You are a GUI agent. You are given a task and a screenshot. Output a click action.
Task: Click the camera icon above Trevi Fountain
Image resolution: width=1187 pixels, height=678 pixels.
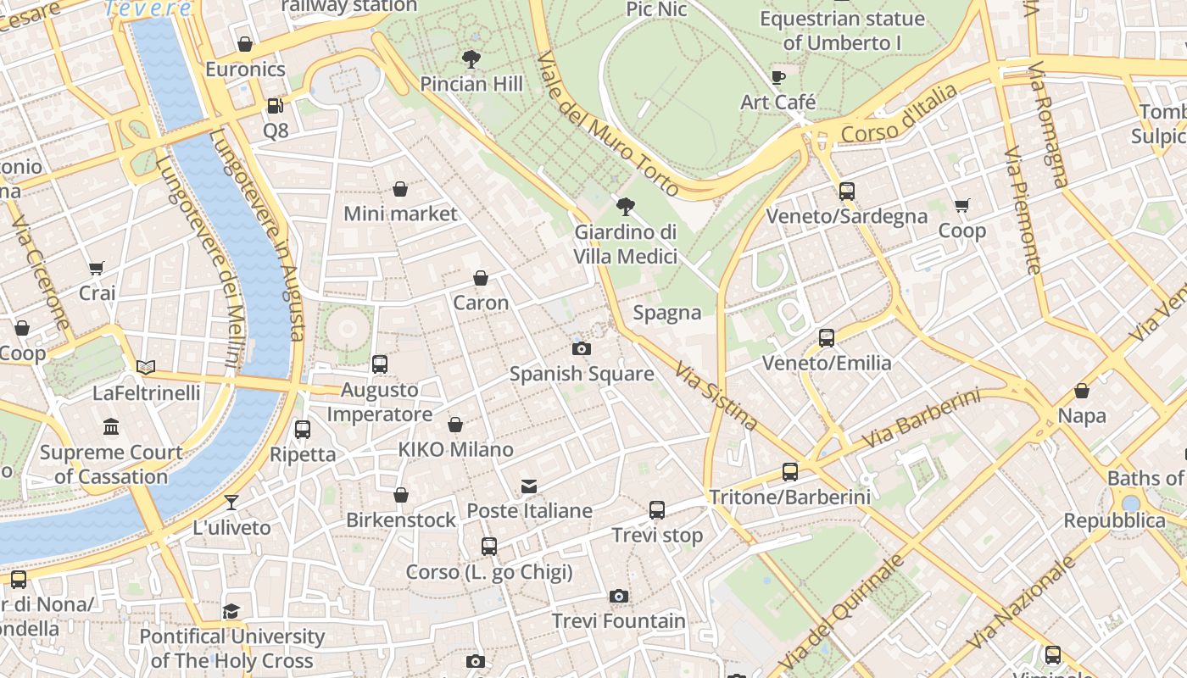[619, 596]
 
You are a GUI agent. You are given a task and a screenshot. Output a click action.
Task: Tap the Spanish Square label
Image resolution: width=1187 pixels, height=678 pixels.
[581, 374]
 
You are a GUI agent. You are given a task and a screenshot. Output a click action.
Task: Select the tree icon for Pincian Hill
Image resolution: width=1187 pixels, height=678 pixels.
[471, 59]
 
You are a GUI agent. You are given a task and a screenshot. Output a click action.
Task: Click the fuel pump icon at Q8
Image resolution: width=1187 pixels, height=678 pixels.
[275, 106]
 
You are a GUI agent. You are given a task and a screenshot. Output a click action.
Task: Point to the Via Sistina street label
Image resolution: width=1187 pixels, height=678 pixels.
[716, 395]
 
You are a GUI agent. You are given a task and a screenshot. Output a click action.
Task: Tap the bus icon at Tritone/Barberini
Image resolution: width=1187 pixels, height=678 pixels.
[789, 472]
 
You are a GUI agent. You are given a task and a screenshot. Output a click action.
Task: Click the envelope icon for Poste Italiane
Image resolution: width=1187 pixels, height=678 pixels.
[529, 486]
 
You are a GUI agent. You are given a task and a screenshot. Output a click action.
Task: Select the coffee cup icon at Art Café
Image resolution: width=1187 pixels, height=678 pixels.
[777, 78]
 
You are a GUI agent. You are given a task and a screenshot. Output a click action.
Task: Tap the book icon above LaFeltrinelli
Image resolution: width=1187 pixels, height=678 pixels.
[146, 367]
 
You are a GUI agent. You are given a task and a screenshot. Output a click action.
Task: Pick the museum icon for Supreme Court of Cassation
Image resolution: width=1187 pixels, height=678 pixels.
[111, 426]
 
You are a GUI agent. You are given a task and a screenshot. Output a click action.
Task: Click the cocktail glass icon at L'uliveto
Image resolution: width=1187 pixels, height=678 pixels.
[231, 502]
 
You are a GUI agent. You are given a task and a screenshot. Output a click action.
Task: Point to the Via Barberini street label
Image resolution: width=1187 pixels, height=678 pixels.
[921, 419]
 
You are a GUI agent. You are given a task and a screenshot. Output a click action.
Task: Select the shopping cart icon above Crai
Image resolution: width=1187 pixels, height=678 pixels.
[97, 268]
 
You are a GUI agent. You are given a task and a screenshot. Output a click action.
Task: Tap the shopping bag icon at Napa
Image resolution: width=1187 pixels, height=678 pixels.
[1081, 391]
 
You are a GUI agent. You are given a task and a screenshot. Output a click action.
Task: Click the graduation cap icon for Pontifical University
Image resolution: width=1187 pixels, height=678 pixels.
[231, 611]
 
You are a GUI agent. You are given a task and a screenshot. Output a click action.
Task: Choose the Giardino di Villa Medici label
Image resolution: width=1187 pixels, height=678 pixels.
[626, 244]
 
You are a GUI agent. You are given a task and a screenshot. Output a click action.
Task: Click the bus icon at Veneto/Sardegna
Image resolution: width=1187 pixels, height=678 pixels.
[846, 192]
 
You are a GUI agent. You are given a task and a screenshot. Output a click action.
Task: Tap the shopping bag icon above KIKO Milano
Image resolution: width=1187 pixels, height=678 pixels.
[455, 425]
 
